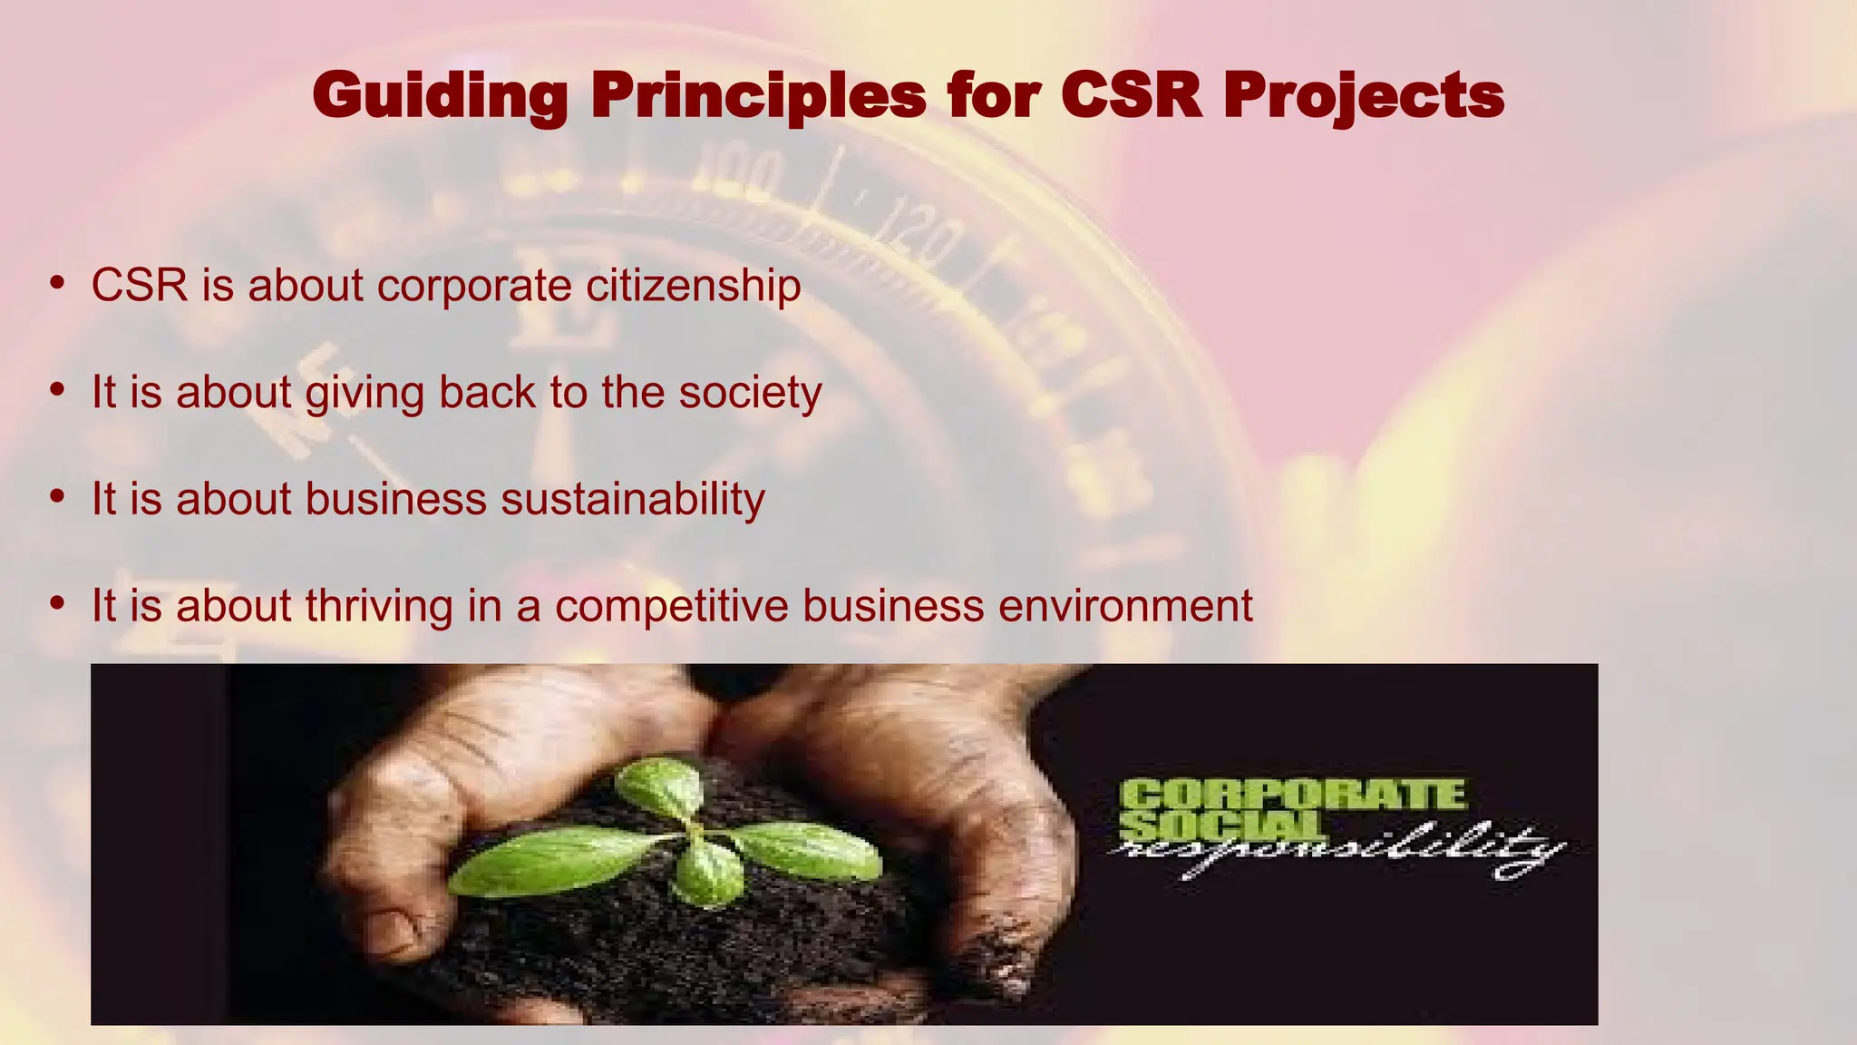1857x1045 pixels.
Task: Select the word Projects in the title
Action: (x=1363, y=96)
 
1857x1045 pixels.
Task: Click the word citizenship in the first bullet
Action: (x=694, y=286)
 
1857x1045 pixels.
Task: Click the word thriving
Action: (x=379, y=606)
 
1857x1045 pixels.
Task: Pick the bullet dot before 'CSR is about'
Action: (x=58, y=283)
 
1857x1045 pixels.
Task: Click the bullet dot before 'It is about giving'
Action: (x=58, y=390)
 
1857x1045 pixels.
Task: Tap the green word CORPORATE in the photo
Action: (x=1292, y=796)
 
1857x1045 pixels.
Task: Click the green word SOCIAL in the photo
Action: (x=1220, y=825)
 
